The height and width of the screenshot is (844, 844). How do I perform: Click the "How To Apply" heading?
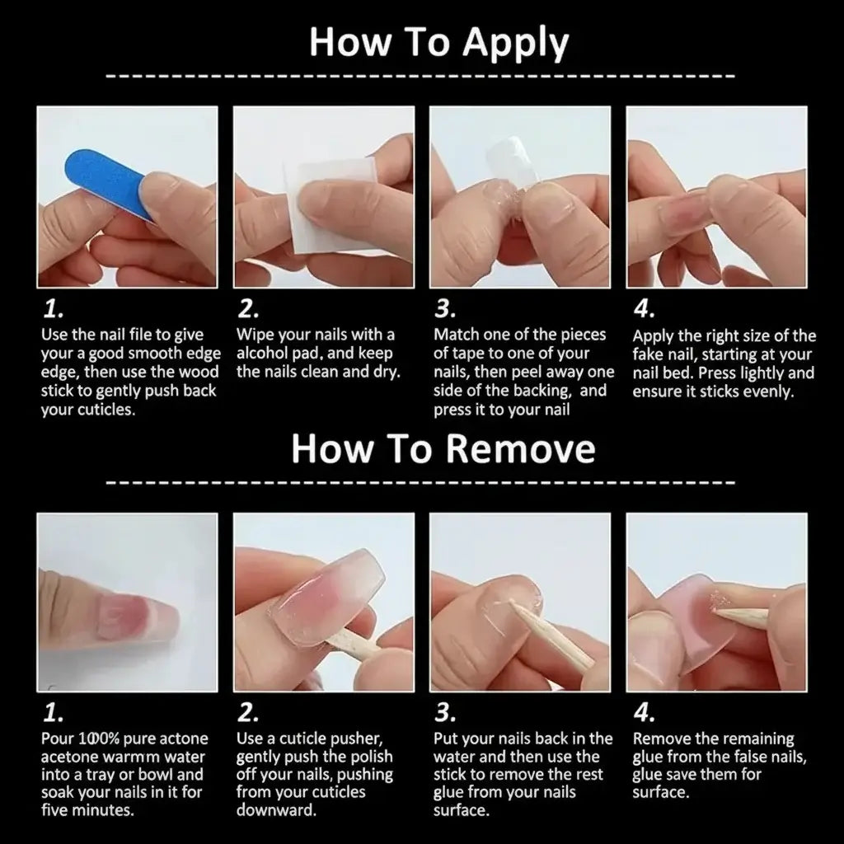[x=438, y=43]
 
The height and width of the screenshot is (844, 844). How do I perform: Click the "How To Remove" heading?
[x=443, y=449]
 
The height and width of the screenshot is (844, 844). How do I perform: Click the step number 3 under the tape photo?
[x=445, y=308]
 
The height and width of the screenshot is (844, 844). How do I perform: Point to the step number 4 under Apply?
[x=644, y=308]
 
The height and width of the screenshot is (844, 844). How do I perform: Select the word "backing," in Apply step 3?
[x=542, y=391]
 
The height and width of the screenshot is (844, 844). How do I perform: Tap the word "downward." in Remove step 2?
[x=276, y=810]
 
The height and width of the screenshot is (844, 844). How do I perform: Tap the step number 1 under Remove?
[x=54, y=713]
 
